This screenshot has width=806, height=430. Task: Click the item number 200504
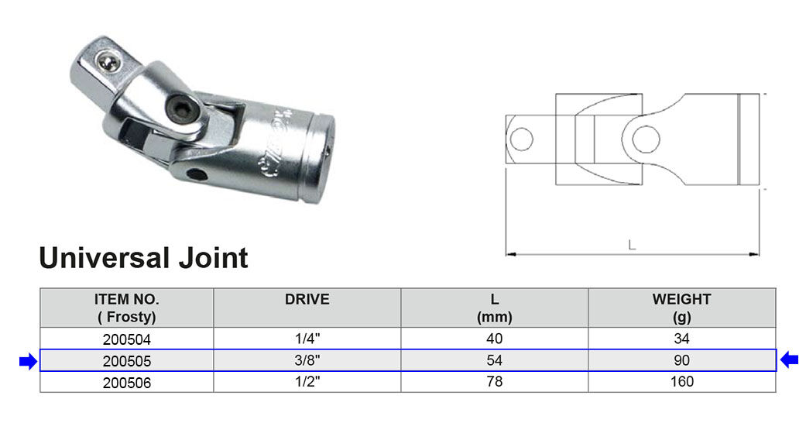point(127,339)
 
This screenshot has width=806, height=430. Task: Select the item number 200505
point(127,361)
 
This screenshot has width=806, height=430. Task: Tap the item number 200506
point(127,383)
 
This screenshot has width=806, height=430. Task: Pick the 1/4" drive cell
point(307,339)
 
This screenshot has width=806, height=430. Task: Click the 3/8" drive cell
point(307,360)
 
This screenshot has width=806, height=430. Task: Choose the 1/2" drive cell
point(307,382)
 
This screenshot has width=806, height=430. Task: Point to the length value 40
point(495,339)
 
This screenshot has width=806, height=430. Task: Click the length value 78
point(495,382)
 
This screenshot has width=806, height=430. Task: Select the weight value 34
point(681,339)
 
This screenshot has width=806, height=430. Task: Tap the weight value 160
point(681,382)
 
